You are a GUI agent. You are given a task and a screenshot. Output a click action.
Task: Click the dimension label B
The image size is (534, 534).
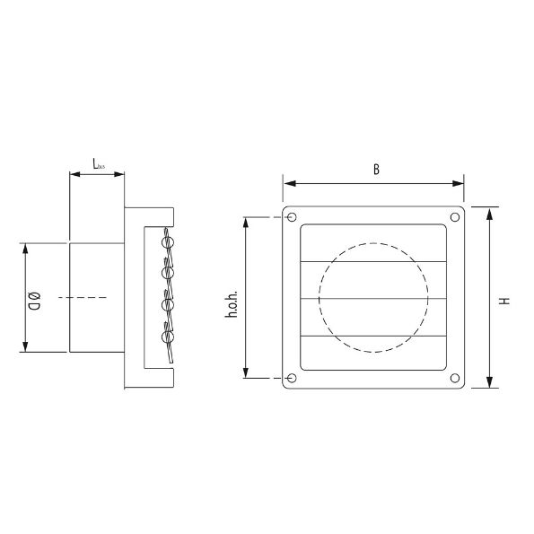click(376, 168)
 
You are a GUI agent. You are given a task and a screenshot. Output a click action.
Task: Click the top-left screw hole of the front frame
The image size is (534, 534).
click(290, 217)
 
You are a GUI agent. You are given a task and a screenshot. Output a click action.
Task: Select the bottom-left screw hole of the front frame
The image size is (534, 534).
click(290, 379)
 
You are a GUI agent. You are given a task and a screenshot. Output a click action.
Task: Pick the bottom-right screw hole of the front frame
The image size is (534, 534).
click(454, 379)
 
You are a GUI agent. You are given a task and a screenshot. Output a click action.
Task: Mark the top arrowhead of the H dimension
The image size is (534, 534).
click(489, 213)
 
